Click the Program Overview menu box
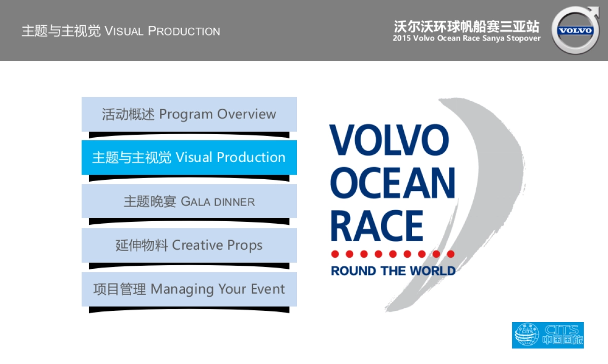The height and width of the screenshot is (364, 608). (x=189, y=114)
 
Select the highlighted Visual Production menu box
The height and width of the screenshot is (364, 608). (x=189, y=157)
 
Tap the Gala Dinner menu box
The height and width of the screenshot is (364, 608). (x=189, y=201)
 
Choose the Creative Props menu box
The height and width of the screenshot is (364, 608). (x=189, y=245)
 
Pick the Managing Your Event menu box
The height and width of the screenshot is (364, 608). (x=189, y=289)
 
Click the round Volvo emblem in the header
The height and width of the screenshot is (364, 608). (x=576, y=30)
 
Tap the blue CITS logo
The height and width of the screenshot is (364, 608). (x=548, y=335)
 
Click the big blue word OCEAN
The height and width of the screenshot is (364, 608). (x=393, y=183)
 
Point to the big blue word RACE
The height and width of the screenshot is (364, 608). (x=377, y=226)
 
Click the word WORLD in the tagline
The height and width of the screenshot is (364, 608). (x=433, y=271)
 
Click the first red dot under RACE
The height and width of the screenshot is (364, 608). (x=335, y=254)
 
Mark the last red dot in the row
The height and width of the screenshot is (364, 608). (x=451, y=254)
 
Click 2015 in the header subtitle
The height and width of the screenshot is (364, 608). (x=402, y=38)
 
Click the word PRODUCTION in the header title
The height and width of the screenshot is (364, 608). (x=184, y=31)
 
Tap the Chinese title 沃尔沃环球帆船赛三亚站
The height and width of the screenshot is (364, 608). (x=467, y=27)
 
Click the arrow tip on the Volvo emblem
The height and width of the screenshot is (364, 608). (x=598, y=8)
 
